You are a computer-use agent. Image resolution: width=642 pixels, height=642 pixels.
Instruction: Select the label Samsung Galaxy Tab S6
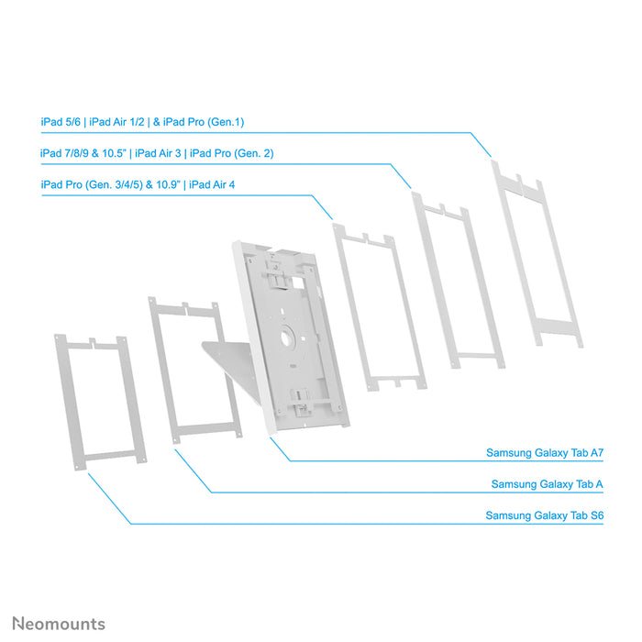(545, 516)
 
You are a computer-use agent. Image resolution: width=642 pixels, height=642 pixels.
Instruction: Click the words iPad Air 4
(212, 184)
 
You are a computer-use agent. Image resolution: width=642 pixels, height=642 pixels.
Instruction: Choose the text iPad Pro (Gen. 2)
(231, 153)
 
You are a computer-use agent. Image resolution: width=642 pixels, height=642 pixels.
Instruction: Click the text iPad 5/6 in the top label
(60, 121)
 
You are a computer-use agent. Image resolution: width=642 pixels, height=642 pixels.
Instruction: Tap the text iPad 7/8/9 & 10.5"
(83, 153)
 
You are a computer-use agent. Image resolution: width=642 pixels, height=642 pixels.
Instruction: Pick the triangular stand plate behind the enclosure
(224, 362)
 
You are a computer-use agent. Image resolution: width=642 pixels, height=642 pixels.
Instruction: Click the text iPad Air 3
(159, 153)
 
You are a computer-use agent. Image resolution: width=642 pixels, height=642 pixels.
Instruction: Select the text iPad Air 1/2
(116, 121)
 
